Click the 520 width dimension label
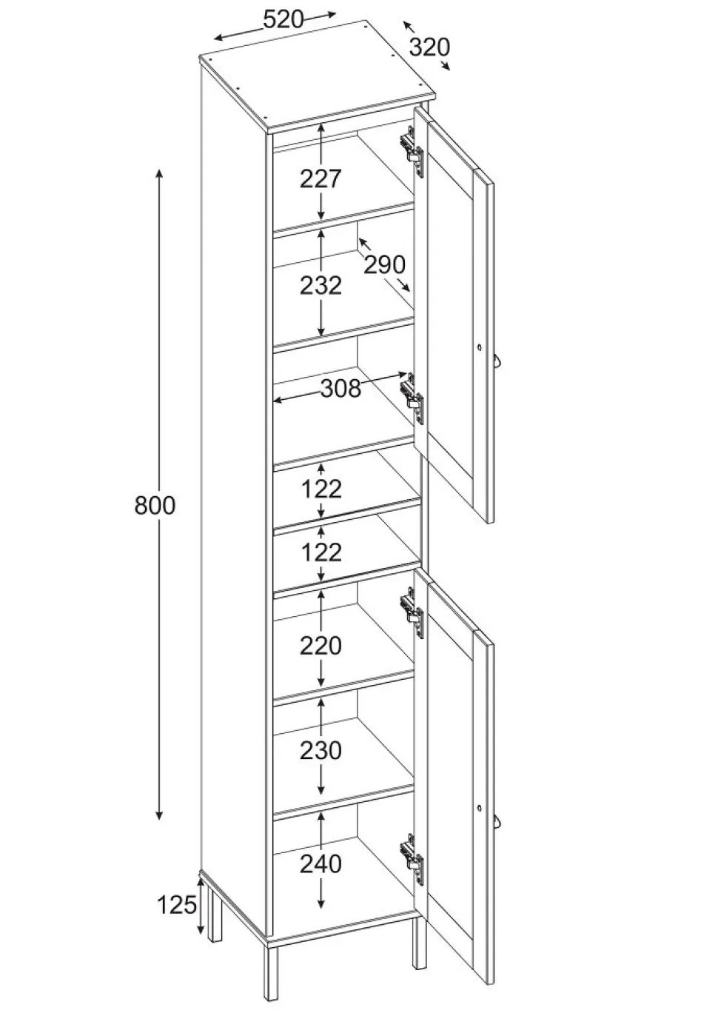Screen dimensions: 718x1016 [x=283, y=20]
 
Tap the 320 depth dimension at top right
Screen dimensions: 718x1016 [x=430, y=47]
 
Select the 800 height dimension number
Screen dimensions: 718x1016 [x=155, y=505]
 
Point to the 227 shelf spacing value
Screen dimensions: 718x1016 [x=320, y=178]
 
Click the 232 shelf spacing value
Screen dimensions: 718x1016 [x=321, y=286]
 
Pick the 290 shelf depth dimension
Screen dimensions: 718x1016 [x=384, y=264]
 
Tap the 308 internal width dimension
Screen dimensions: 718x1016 [x=340, y=388]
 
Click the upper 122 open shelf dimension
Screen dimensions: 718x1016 [x=321, y=489]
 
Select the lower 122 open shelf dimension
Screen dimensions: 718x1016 [x=321, y=552]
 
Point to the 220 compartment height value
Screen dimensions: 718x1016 [x=320, y=646]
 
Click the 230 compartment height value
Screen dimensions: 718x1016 [x=321, y=751]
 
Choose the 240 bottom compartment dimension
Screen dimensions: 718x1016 [x=321, y=864]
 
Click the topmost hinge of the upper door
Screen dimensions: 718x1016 [x=412, y=150]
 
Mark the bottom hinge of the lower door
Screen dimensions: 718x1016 [x=412, y=858]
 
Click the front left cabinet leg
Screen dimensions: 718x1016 [x=271, y=975]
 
